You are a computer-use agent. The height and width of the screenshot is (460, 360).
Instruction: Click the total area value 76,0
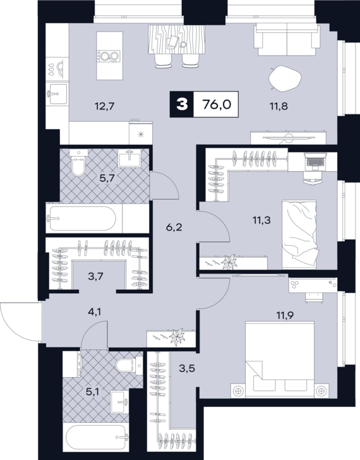(x=217, y=104)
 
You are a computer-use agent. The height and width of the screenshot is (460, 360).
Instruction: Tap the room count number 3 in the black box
(x=182, y=104)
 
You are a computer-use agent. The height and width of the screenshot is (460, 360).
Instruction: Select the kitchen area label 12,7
(x=104, y=106)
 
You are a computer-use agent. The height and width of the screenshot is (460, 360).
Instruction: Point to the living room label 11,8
(x=278, y=106)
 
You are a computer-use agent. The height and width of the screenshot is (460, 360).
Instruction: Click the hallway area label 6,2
(x=174, y=227)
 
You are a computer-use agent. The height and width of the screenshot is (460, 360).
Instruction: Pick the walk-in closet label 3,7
(x=95, y=276)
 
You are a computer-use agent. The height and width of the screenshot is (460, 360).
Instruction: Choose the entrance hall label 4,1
(x=94, y=312)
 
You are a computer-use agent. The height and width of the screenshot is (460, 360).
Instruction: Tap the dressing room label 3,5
(x=187, y=368)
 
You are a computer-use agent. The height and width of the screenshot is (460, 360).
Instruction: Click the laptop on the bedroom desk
(x=315, y=161)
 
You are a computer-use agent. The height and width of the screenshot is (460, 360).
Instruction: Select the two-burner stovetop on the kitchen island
(x=109, y=56)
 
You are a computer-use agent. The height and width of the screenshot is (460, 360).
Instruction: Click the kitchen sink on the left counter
(x=57, y=94)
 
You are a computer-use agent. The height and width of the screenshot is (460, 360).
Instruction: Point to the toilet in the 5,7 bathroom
(x=79, y=164)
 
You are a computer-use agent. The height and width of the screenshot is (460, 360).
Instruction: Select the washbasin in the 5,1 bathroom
(x=119, y=401)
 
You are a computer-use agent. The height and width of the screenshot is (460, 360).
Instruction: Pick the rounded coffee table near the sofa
(x=285, y=78)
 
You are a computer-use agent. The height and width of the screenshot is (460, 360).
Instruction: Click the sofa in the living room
(x=287, y=40)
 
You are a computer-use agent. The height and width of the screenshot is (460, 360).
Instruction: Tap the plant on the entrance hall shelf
(x=177, y=337)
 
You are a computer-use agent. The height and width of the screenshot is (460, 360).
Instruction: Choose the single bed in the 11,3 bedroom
(x=299, y=234)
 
